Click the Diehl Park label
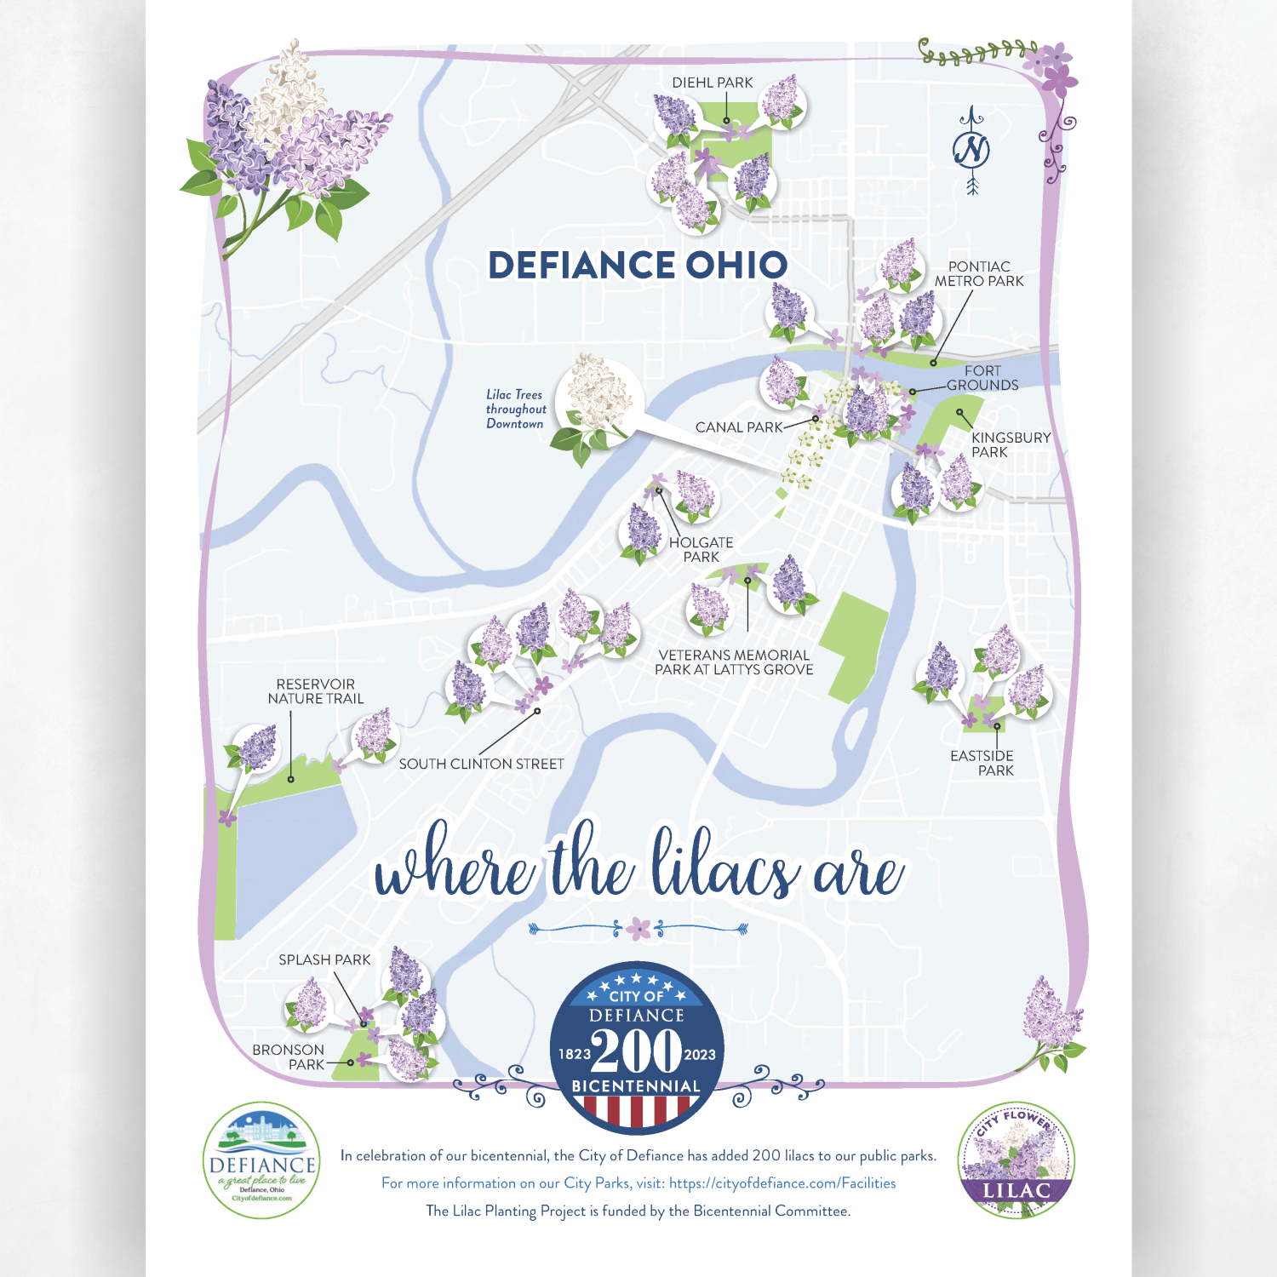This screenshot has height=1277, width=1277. click(x=712, y=83)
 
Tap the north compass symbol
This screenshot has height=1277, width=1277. click(x=972, y=151)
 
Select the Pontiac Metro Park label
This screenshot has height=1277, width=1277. click(x=979, y=274)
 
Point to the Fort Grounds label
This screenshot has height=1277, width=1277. click(x=982, y=378)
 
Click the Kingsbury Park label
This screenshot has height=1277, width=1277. click(x=1011, y=444)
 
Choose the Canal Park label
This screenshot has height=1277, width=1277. click(x=738, y=427)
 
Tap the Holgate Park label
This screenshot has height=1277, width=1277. click(x=701, y=549)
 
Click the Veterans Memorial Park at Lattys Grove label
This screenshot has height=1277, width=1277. click(x=734, y=662)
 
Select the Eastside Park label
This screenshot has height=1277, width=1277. click(x=982, y=763)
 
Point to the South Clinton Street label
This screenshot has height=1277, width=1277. click(x=481, y=764)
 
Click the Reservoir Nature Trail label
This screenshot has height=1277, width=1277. click(x=316, y=691)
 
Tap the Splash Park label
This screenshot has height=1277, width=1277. click(x=324, y=960)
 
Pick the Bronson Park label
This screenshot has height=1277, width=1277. click(x=289, y=1057)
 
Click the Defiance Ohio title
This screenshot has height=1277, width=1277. click(x=638, y=265)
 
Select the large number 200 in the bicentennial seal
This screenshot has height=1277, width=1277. click(x=637, y=1051)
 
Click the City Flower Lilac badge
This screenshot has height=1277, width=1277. click(x=1016, y=1160)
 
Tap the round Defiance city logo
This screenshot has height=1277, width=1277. click(x=262, y=1160)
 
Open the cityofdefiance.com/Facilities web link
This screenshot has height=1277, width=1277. click(x=782, y=1183)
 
